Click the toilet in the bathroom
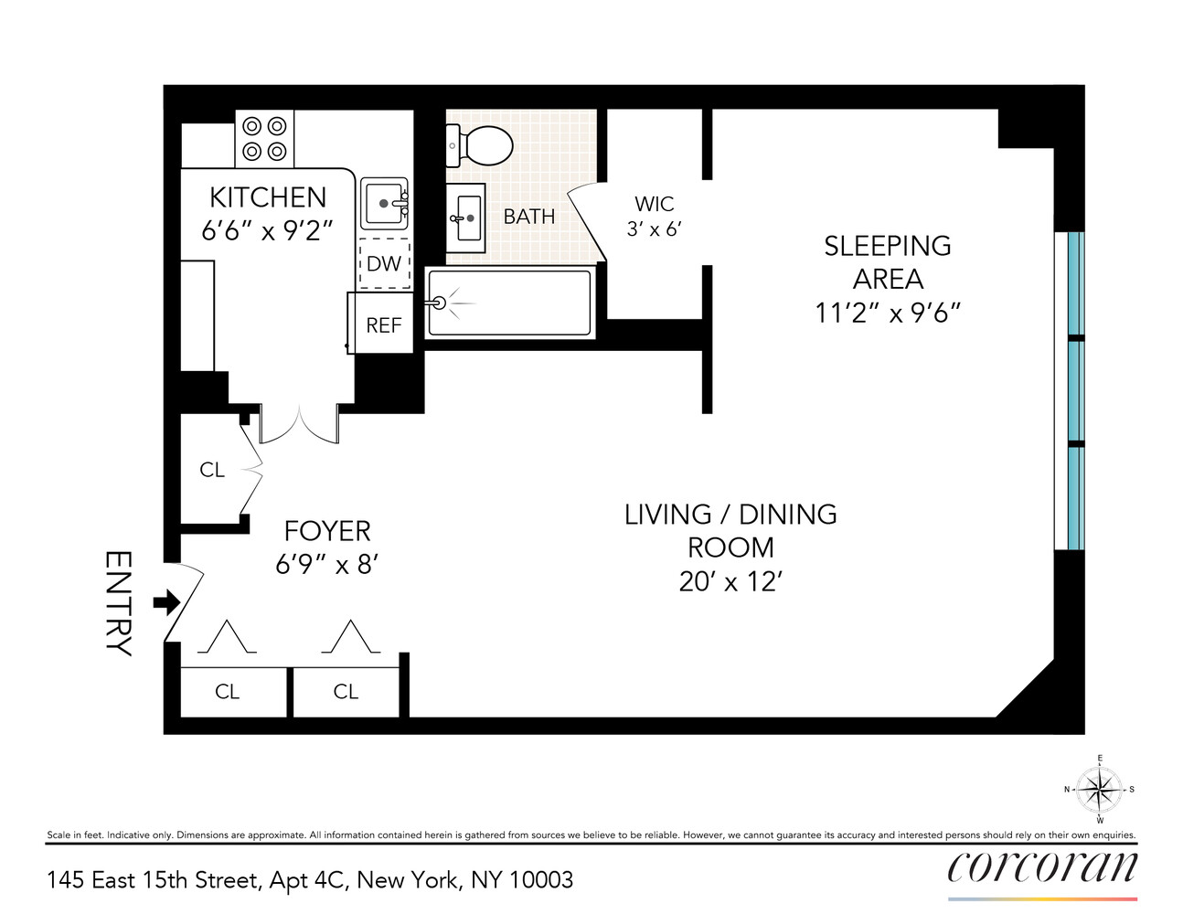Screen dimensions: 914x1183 tap(480, 145)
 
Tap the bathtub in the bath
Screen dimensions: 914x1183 tap(509, 303)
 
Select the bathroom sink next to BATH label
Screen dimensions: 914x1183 tap(466, 218)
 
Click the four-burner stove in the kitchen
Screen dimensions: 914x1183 tap(264, 139)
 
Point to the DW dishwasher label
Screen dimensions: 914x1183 tap(384, 264)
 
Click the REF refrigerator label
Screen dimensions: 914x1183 tap(383, 325)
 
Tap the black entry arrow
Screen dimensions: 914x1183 tap(166, 602)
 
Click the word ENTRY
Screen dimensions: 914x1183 tap(119, 603)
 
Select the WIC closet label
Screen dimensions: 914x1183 tap(654, 205)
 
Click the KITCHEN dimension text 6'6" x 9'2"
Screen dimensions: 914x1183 tap(267, 230)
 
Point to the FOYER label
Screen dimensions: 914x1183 tap(327, 531)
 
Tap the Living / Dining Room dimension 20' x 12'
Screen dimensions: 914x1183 tap(730, 581)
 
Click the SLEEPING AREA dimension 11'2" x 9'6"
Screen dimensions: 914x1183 tap(887, 313)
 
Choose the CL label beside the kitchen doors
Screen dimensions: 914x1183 tap(212, 470)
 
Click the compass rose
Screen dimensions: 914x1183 tap(1099, 789)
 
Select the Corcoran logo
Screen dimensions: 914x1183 tap(1042, 866)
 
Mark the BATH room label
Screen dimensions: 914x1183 tap(529, 217)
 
